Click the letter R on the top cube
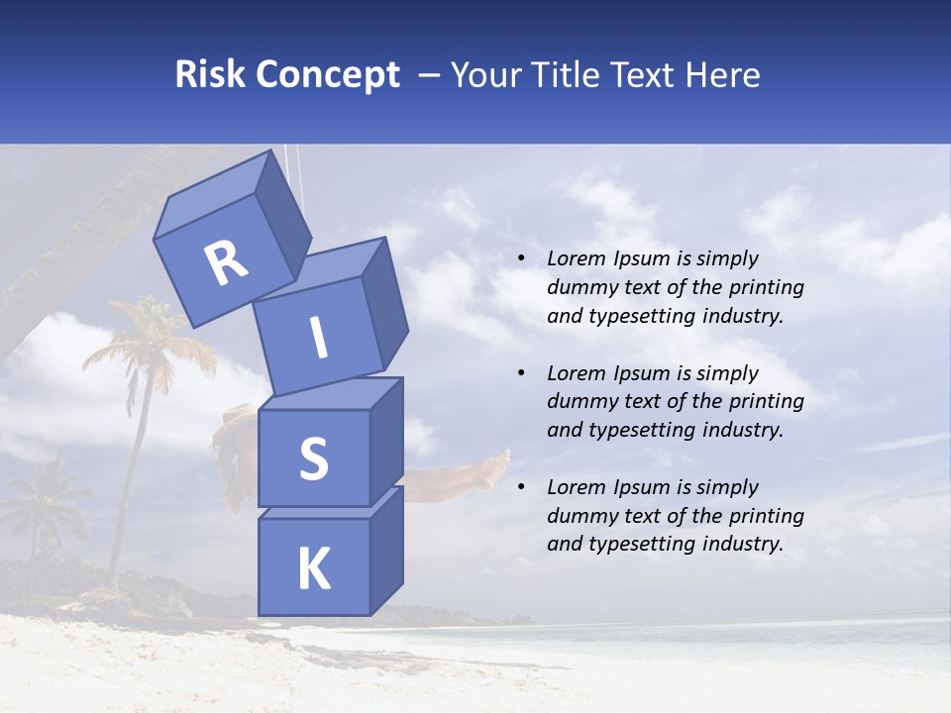pos(226,262)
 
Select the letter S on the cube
pos(313,458)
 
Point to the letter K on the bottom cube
pos(313,568)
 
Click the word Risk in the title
pos(210,75)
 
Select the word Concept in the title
pos(327,75)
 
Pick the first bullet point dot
pos(521,259)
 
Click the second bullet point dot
pos(521,374)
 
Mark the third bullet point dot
pos(521,488)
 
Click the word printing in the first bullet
pos(764,288)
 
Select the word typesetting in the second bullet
pos(647,430)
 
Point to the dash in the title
pos(430,75)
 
